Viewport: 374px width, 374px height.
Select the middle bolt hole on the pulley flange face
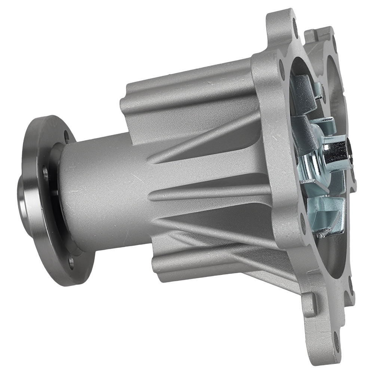[45, 173]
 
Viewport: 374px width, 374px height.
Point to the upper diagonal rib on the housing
[209, 138]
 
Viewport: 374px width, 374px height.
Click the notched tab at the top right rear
[318, 36]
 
